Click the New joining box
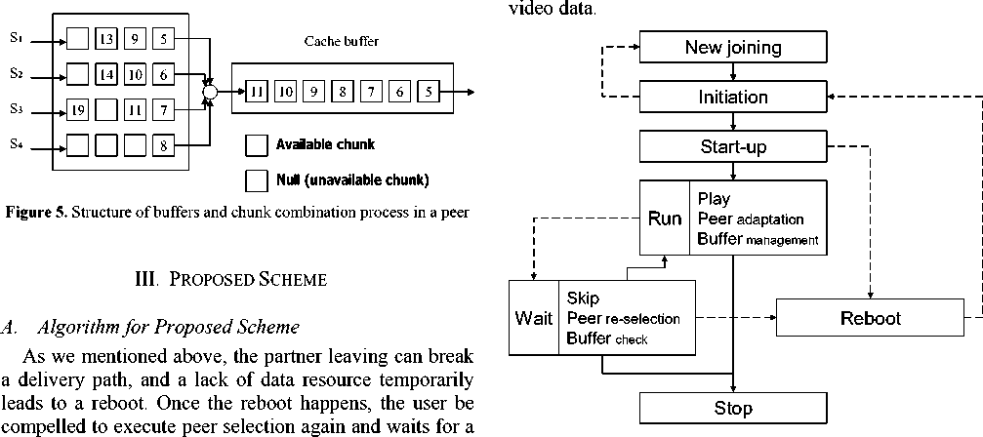tap(732, 47)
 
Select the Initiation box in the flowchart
tap(732, 97)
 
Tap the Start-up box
tap(732, 147)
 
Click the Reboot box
tap(871, 318)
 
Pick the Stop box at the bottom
tap(732, 407)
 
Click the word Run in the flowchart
tap(665, 218)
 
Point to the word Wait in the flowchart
tap(534, 318)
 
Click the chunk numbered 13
tap(105, 40)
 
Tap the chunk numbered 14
tap(105, 75)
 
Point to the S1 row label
tap(16, 38)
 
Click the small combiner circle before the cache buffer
tap(208, 92)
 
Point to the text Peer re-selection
tap(622, 318)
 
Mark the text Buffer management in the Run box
tap(758, 238)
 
